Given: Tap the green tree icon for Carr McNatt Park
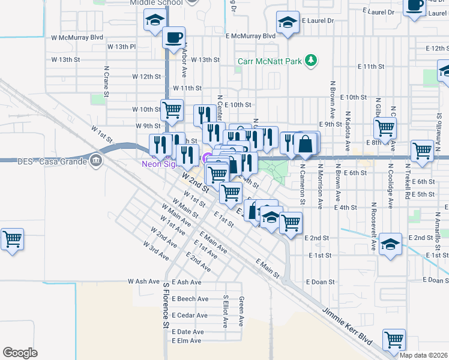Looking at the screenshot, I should (311, 59).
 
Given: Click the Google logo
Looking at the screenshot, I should (20, 352).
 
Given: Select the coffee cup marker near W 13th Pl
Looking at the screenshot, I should (174, 38).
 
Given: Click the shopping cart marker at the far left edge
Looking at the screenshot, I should (12, 239).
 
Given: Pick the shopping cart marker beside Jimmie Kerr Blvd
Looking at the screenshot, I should (394, 340).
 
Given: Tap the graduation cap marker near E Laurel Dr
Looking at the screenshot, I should (288, 23).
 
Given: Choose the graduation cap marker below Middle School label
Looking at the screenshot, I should (155, 20).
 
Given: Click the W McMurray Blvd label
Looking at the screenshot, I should (77, 37).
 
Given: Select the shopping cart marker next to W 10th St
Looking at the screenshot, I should (172, 110).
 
